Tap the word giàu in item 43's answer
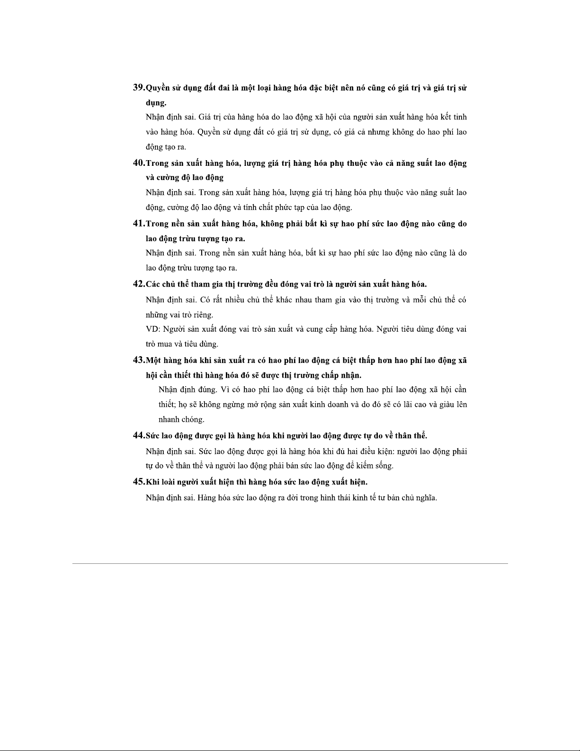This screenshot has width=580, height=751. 446,405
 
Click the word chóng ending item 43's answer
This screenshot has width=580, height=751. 193,420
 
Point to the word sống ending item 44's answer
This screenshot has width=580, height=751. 384,466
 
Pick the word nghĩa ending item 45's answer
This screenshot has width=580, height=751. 426,498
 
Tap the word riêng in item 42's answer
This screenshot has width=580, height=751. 202,315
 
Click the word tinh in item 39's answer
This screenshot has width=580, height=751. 460,117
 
